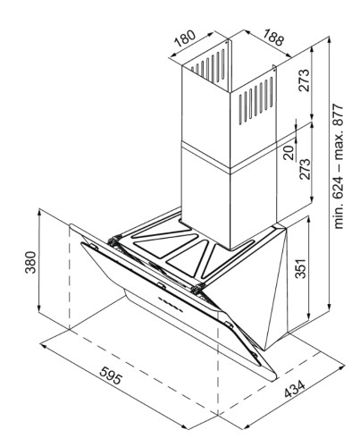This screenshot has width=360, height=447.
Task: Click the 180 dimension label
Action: point(185,38)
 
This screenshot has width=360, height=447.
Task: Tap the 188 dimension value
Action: point(273,37)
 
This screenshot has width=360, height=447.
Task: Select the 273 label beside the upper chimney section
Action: point(305,80)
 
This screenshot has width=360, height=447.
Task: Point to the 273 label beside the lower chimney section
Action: point(305,169)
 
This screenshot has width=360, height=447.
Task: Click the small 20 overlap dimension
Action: point(289,152)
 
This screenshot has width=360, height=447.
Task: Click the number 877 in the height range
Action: point(339,115)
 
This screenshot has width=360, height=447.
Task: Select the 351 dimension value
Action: point(301,268)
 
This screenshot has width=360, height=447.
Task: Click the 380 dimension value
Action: point(30,262)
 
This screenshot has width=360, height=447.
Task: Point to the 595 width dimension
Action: point(111,375)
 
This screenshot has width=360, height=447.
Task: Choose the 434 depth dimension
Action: point(295,389)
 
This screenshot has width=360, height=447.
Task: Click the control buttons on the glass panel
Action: point(170,304)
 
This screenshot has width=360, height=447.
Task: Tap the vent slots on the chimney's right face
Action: point(255,99)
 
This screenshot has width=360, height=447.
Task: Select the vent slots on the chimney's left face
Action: point(208,67)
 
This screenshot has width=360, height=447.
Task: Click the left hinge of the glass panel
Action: point(114,240)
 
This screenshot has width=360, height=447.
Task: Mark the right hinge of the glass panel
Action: point(197,289)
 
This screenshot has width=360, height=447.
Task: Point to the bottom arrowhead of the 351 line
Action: point(310,318)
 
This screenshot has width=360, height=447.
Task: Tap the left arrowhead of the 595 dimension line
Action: point(44,346)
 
